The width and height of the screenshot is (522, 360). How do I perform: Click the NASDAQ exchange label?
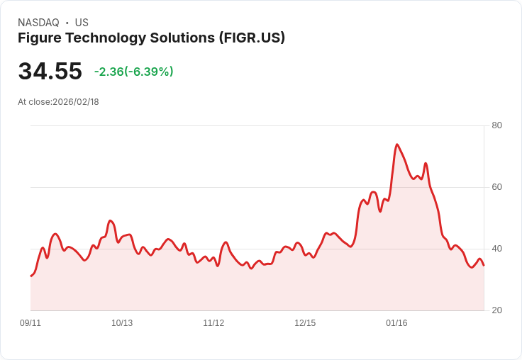[x=38, y=23]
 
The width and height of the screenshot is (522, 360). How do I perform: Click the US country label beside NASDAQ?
[x=82, y=23]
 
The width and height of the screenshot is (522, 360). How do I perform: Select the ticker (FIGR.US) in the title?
[x=252, y=38]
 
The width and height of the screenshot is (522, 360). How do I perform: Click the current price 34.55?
[x=50, y=72]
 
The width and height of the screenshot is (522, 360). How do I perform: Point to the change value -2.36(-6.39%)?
[x=133, y=72]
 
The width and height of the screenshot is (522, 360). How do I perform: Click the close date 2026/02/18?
[x=76, y=102]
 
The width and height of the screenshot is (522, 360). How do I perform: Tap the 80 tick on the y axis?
[x=496, y=125]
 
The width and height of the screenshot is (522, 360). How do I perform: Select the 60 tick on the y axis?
[x=496, y=187]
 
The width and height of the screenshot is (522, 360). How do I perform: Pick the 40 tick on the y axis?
[x=496, y=249]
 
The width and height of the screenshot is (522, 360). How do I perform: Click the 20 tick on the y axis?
[x=496, y=310]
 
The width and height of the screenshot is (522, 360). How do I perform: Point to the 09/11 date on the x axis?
[x=30, y=323]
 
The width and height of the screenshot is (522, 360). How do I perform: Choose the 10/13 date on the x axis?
[x=122, y=323]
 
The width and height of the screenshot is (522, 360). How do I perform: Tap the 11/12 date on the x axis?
[x=213, y=323]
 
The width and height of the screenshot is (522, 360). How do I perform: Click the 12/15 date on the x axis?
[x=305, y=323]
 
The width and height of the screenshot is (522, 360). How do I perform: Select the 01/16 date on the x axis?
[x=396, y=323]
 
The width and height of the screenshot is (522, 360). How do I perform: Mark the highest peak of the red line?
[x=396, y=145]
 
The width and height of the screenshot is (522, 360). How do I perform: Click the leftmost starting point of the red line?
[x=31, y=276]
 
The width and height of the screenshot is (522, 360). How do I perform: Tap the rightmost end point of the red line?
[x=484, y=265]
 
